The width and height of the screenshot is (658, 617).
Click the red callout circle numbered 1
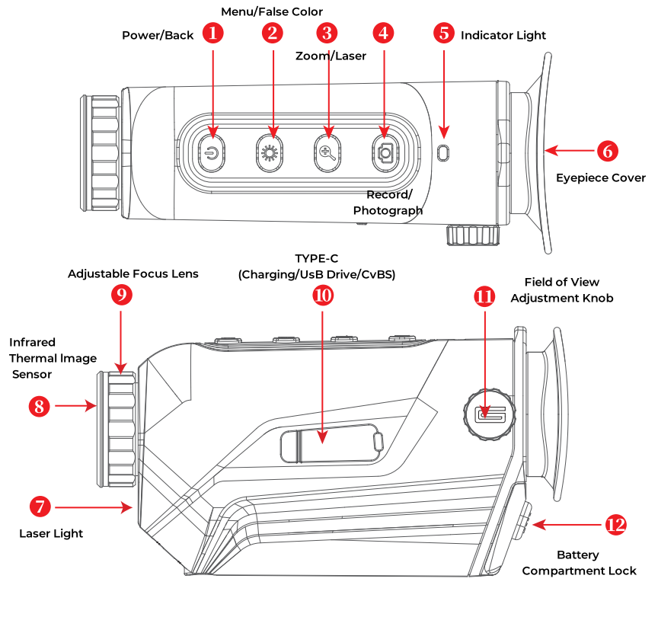tap(213, 33)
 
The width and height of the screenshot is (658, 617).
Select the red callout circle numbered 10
tap(324, 296)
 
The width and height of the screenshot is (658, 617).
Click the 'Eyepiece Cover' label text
tap(600, 178)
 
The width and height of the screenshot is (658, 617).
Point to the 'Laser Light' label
tap(51, 533)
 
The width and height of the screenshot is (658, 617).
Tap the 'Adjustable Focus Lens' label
tap(133, 273)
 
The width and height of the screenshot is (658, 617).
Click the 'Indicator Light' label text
tap(503, 35)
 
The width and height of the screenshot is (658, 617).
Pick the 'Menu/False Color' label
tap(272, 11)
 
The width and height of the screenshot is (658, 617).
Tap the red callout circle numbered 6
tap(607, 151)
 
